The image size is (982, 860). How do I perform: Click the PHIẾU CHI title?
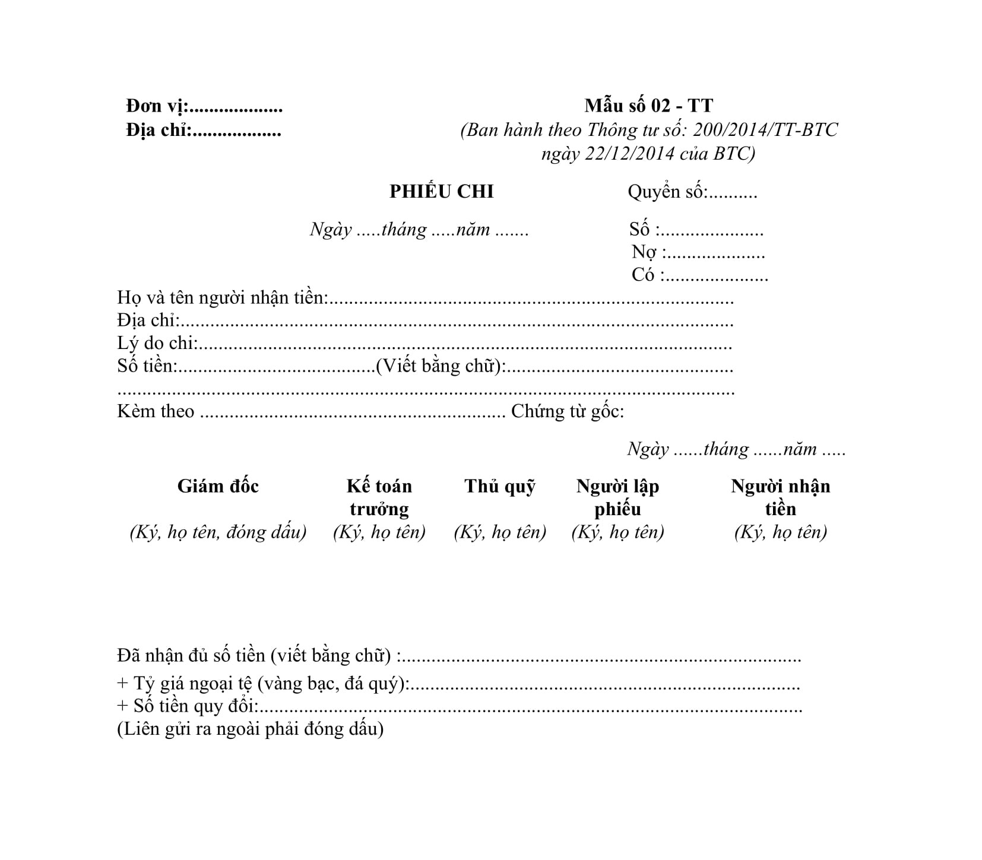pos(441,192)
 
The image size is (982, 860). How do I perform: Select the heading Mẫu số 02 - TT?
pos(648,106)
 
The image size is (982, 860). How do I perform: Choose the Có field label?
pos(643,275)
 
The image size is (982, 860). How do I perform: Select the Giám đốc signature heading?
pos(218,486)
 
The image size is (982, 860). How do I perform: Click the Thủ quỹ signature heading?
pos(500,486)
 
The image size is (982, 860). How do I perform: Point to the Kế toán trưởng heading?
pos(379,497)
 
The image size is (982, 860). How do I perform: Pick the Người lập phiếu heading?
pos(617,497)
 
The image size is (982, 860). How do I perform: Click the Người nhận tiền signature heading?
pos(780,497)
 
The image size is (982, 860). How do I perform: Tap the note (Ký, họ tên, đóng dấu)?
pos(218,532)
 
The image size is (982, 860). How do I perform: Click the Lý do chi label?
pos(157,343)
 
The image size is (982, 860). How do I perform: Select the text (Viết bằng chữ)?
pos(440,366)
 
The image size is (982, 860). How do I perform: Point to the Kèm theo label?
pos(156,411)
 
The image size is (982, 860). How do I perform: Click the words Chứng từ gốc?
pos(567,411)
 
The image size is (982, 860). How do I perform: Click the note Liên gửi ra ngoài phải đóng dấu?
pos(250,729)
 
